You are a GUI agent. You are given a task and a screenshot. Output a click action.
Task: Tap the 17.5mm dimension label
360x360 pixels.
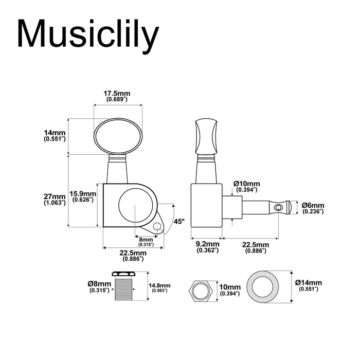(117, 94)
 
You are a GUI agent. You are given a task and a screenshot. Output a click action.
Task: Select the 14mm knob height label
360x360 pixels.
(55, 133)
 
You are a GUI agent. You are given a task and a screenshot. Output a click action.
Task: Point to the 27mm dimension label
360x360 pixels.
(55, 197)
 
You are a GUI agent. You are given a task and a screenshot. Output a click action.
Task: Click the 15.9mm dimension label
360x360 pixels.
(83, 194)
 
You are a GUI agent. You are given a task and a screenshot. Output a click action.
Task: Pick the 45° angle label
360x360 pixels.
(179, 222)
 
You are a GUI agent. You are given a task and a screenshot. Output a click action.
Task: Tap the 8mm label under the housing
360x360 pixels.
(146, 240)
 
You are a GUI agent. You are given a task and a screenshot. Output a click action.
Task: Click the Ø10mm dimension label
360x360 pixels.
(246, 184)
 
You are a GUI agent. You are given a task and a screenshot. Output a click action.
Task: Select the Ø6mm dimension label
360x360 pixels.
(313, 205)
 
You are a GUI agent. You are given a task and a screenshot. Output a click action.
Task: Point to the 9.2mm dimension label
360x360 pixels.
(208, 244)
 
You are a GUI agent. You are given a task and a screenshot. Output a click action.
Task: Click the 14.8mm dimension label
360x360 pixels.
(159, 285)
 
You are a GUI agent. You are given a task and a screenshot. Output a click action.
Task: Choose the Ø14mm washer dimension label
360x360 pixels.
(309, 282)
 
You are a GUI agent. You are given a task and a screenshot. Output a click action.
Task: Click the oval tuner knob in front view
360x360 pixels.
(118, 136)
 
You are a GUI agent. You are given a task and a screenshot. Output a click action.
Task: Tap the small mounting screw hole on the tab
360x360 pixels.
(157, 226)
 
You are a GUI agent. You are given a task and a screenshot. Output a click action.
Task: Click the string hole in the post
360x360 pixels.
(278, 208)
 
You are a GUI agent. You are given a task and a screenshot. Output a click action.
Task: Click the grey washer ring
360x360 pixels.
(263, 287)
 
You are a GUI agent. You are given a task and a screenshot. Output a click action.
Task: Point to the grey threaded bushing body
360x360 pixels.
(123, 289)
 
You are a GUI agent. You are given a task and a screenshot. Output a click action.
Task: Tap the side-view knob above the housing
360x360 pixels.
(206, 136)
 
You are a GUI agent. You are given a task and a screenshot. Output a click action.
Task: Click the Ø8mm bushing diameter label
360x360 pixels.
(99, 283)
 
